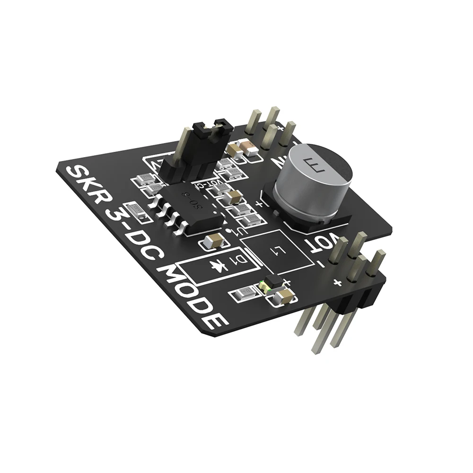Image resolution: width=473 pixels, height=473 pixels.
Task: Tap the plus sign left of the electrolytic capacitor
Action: [259, 204]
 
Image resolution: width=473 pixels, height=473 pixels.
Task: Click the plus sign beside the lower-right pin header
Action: [337, 283]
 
